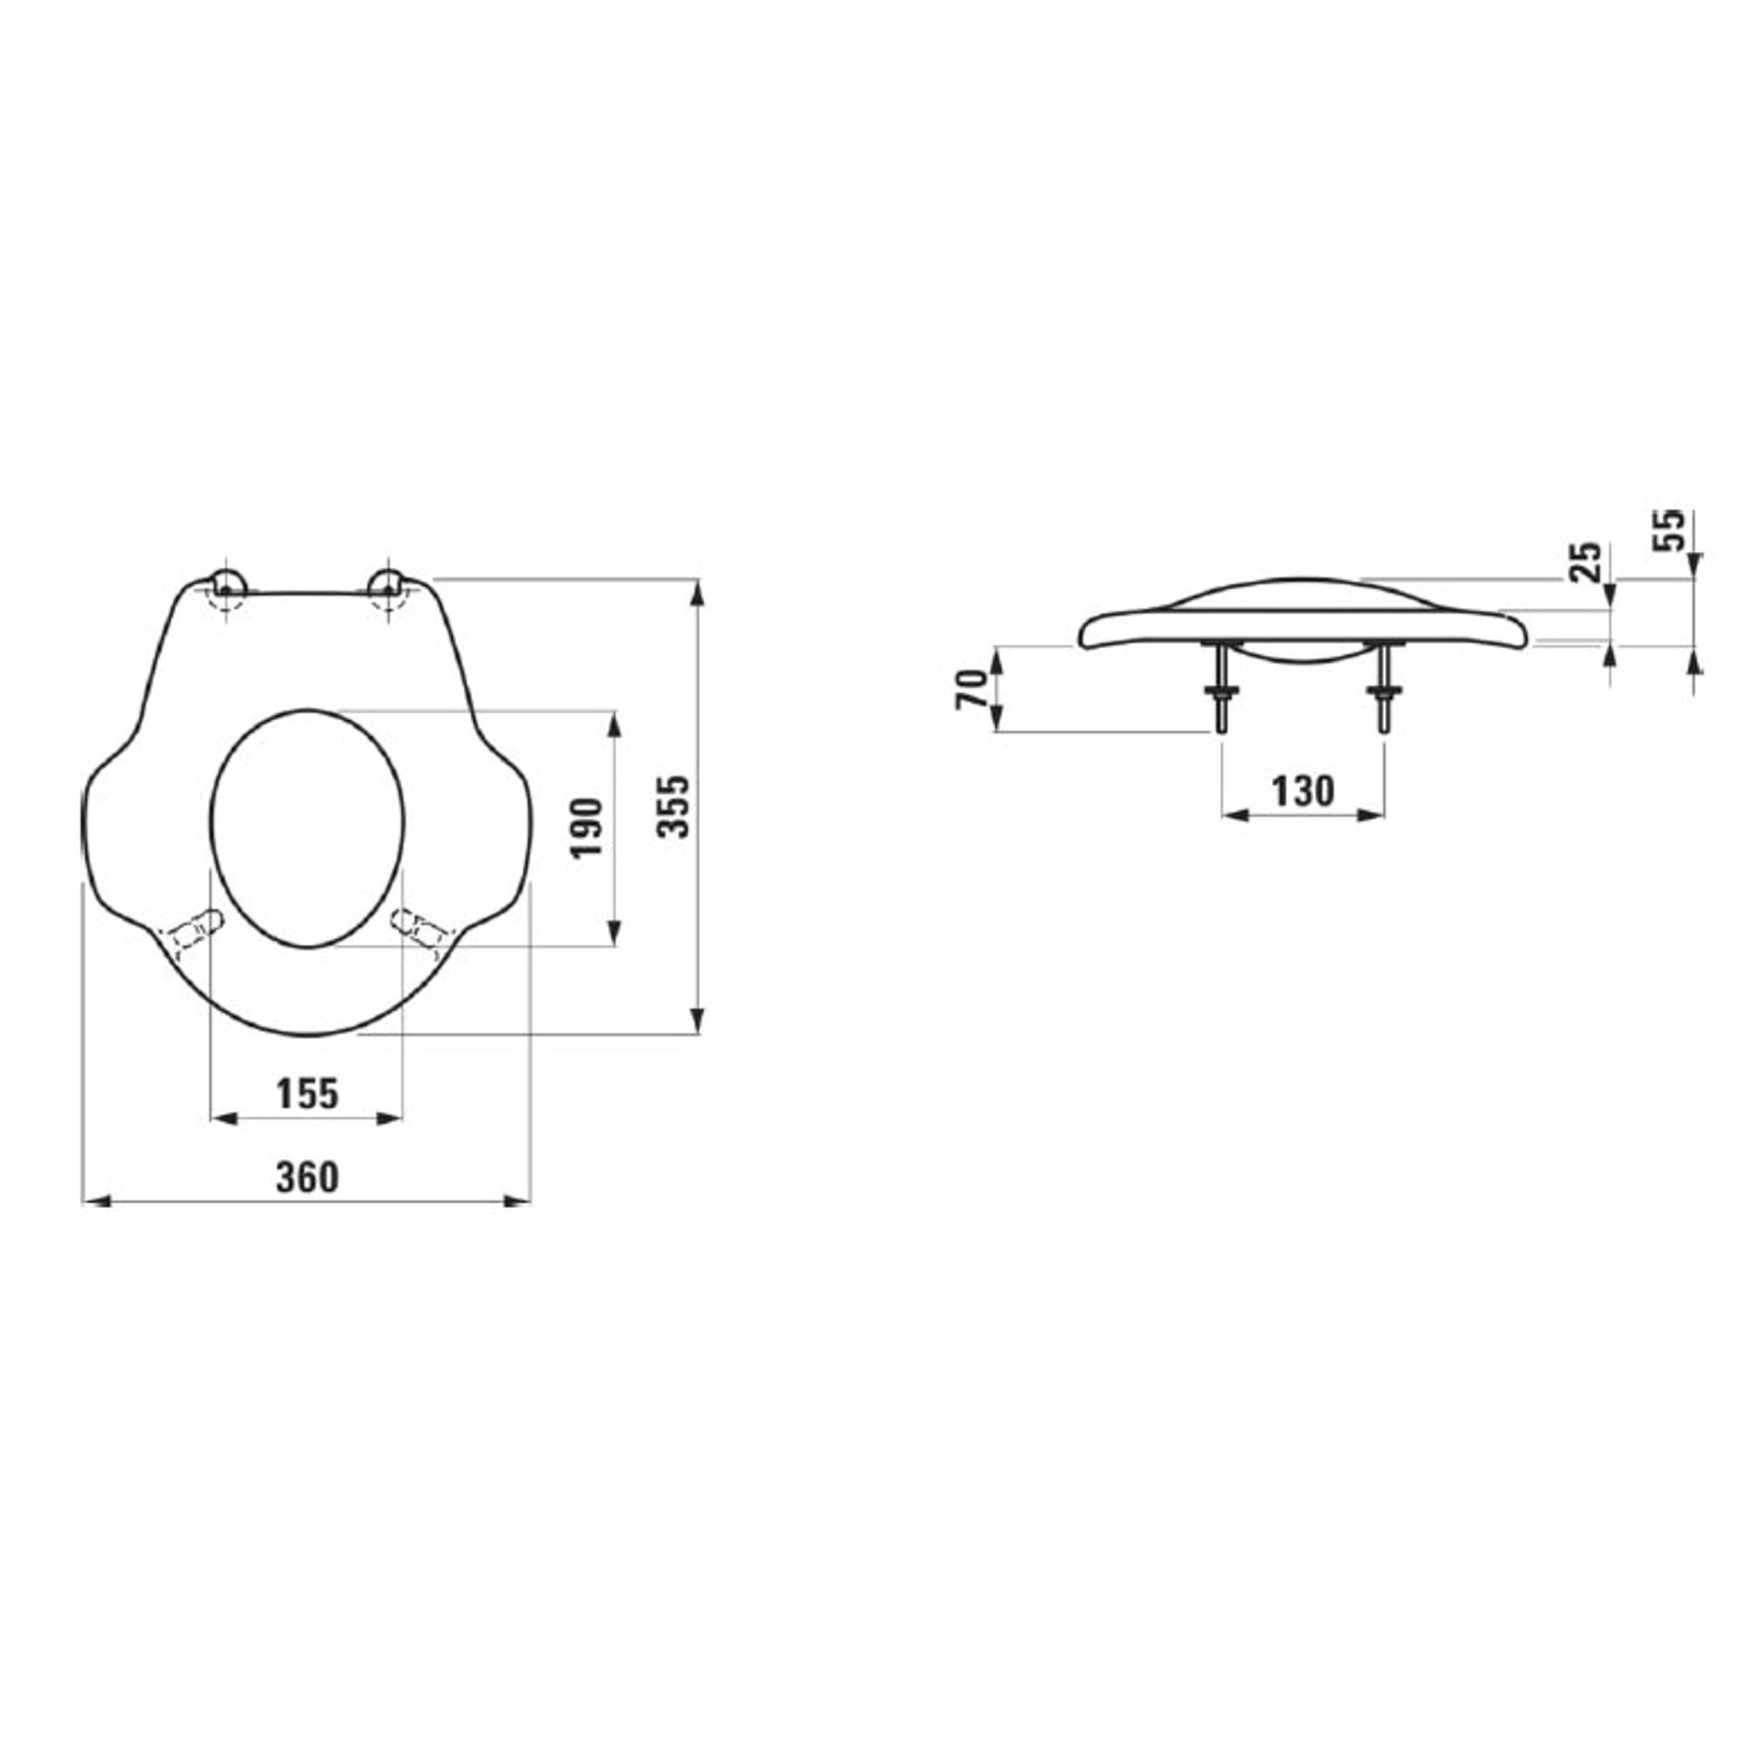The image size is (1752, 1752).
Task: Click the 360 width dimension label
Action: point(307,1177)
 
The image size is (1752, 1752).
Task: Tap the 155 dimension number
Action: point(307,1093)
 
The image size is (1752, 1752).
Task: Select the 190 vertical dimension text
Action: point(587,827)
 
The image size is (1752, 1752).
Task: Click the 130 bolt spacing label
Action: point(1303,792)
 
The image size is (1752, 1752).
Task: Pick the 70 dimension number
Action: point(971,689)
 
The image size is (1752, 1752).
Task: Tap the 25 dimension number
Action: point(1586,563)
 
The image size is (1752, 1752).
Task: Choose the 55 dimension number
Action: point(1669,531)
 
